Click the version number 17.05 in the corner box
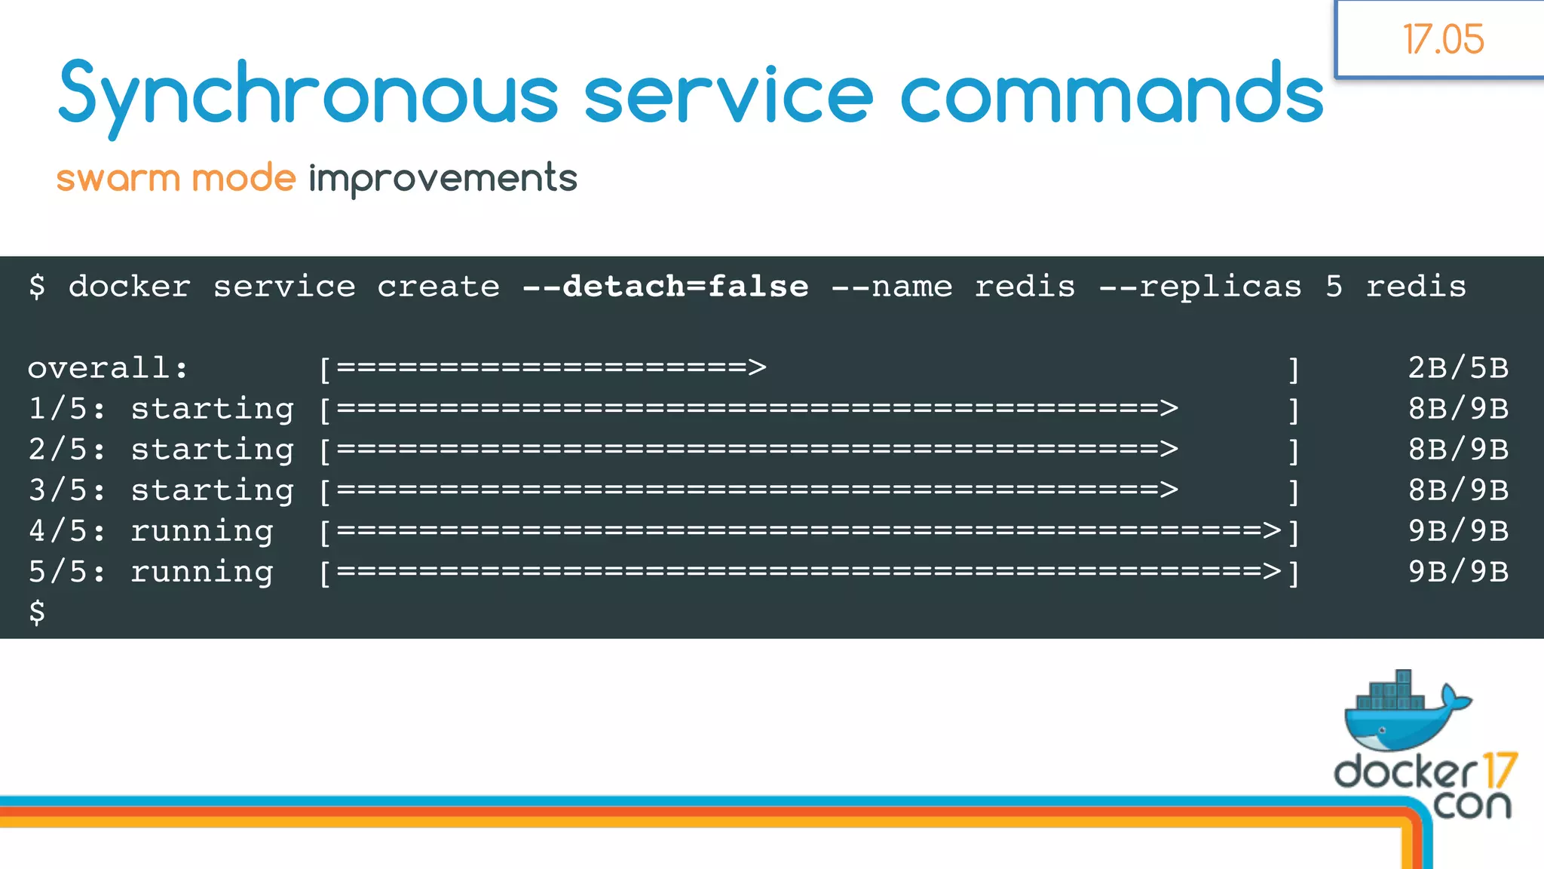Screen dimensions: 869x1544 (x=1443, y=39)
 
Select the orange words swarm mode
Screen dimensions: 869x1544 (x=176, y=179)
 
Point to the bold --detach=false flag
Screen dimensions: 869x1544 (x=665, y=287)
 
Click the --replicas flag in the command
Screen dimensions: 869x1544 (x=1200, y=287)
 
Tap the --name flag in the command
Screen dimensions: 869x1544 (x=891, y=287)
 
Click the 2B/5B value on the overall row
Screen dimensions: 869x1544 (x=1458, y=368)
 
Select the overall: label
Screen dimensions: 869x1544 (x=108, y=368)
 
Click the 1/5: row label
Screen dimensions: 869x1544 (x=67, y=409)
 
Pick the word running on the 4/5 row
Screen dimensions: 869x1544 (x=201, y=531)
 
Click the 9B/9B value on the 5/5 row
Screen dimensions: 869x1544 (x=1458, y=572)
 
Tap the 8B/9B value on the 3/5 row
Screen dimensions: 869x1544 (x=1458, y=490)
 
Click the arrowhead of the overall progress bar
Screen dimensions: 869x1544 (x=757, y=368)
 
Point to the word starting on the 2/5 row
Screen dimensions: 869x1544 (x=212, y=450)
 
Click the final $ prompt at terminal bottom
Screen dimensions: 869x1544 (x=37, y=612)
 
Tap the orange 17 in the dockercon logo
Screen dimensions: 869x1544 (x=1499, y=771)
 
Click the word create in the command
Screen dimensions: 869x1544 (x=438, y=287)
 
